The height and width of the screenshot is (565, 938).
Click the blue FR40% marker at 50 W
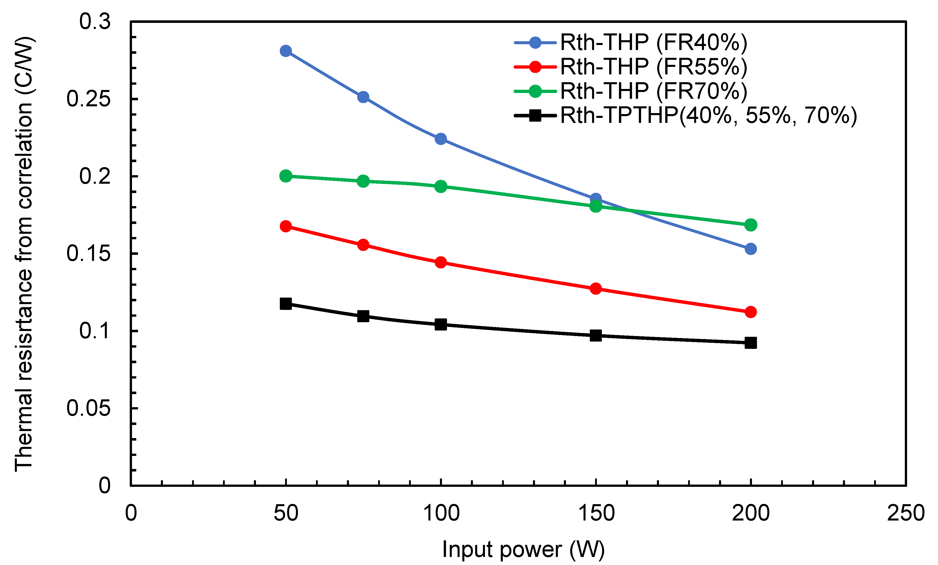click(x=286, y=51)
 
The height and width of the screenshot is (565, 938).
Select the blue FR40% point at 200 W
click(x=750, y=249)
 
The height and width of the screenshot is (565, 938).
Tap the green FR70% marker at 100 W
click(x=440, y=186)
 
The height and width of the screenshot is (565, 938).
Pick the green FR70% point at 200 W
click(x=750, y=225)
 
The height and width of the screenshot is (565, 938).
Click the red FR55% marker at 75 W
click(x=363, y=245)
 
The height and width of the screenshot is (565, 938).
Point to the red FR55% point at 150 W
click(x=595, y=288)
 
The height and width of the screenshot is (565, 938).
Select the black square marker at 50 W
click(x=286, y=304)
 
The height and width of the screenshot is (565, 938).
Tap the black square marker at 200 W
click(x=750, y=343)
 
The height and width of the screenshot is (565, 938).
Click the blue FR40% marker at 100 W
click(x=440, y=139)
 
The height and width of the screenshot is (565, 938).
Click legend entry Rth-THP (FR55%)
click(x=653, y=67)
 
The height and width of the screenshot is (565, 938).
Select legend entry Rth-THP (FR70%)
click(x=653, y=91)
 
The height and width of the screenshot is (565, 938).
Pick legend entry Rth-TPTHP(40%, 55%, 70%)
click(x=708, y=115)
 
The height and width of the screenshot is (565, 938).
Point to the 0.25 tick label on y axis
click(x=88, y=99)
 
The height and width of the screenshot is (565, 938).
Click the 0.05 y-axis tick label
click(x=88, y=408)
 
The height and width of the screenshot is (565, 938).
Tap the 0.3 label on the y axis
click(x=95, y=21)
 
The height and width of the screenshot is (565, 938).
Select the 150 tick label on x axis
click(x=596, y=513)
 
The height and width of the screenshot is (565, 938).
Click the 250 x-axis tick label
click(x=906, y=513)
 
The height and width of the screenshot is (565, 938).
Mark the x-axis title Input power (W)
click(x=523, y=550)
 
